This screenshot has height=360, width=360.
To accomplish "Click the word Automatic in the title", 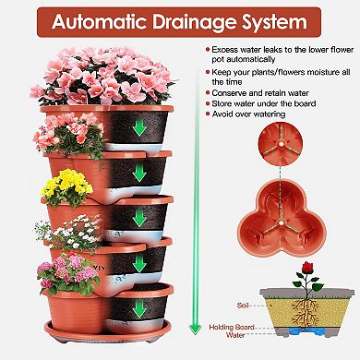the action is click(x=100, y=22).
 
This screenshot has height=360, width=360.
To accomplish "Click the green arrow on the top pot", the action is click(x=139, y=127).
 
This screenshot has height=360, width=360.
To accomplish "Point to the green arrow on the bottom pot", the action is click(x=139, y=309).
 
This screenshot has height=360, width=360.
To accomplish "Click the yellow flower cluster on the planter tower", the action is click(x=66, y=185).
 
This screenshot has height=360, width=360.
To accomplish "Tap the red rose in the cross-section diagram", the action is click(x=307, y=268).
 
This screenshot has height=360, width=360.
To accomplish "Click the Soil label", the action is click(x=242, y=306).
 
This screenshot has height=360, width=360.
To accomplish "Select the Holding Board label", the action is click(x=232, y=327).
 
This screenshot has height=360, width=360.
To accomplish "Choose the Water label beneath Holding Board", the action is click(x=235, y=334).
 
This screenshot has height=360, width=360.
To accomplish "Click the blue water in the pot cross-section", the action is click(x=304, y=331).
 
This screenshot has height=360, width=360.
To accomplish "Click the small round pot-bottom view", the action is click(x=281, y=144).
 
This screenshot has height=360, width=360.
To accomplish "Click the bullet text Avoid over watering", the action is click(x=248, y=114).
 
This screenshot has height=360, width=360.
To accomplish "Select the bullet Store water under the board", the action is click(x=264, y=103).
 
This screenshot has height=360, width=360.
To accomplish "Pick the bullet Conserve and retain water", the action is click(x=260, y=93).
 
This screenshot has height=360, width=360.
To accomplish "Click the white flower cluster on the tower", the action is click(x=68, y=233).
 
